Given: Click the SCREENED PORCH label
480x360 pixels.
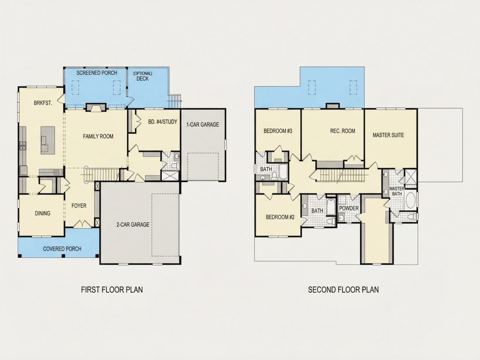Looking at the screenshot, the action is (x=97, y=73).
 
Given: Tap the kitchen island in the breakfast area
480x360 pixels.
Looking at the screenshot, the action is (x=48, y=140).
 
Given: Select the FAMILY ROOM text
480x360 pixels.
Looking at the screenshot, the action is (x=98, y=136).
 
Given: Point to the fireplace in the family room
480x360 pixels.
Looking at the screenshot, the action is (x=96, y=107).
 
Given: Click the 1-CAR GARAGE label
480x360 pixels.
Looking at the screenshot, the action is (x=202, y=125).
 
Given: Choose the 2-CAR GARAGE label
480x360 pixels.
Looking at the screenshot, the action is (x=133, y=225).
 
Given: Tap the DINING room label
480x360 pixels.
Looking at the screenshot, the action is (x=43, y=213).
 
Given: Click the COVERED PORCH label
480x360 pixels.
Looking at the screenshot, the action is (x=62, y=249).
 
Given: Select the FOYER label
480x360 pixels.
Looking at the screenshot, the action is (x=79, y=206).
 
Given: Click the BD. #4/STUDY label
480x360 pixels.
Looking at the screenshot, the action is (x=163, y=122).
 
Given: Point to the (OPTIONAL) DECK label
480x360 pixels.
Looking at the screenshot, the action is (x=143, y=76).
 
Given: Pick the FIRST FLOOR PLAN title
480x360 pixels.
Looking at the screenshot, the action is (x=112, y=290).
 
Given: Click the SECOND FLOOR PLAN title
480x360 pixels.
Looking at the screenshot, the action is (x=343, y=290).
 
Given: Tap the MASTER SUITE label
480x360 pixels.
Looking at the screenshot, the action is (x=388, y=135).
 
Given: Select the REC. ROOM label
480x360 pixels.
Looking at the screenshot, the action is (x=343, y=131).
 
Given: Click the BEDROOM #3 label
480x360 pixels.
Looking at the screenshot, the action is (x=278, y=131).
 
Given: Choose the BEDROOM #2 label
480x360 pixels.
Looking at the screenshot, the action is (x=280, y=217).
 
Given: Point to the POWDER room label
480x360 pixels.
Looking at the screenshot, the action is (x=349, y=209).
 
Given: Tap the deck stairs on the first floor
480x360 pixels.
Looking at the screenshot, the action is (x=175, y=100).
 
